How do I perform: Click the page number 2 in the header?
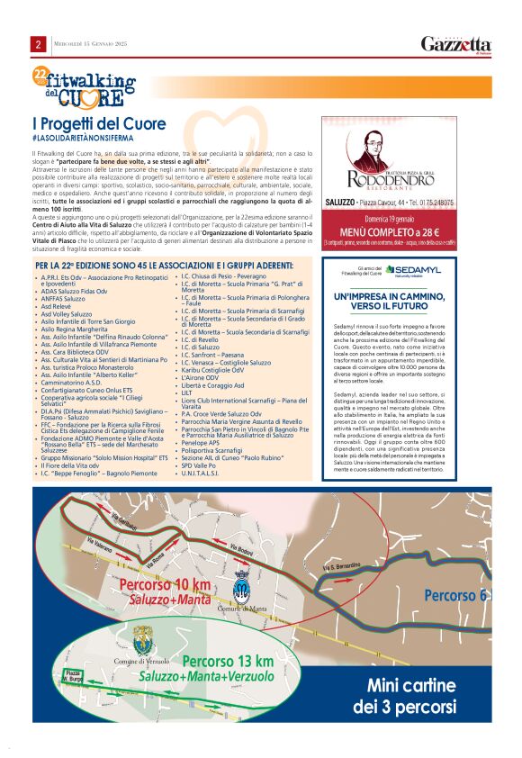click(x=39, y=44)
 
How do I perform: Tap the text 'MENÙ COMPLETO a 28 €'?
click(x=415, y=233)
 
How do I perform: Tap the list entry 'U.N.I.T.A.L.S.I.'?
click(x=204, y=472)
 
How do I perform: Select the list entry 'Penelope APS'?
click(x=201, y=443)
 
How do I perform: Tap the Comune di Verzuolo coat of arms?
click(x=141, y=645)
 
